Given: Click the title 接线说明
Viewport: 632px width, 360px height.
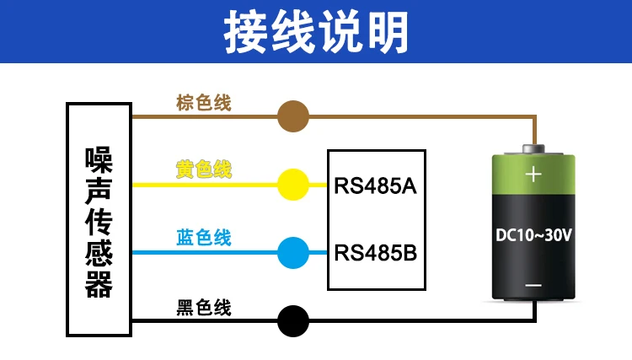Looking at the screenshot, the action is click(316, 32).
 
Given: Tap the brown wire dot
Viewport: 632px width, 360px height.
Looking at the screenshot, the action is click(293, 116).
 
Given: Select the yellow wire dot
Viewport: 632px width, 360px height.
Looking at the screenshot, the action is click(293, 185).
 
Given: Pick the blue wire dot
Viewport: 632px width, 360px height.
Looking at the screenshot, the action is click(293, 253).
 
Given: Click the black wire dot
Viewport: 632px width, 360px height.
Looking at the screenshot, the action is click(293, 321).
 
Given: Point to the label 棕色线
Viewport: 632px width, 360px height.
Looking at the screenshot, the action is click(204, 103).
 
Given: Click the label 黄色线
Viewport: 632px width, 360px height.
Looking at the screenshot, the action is click(204, 169).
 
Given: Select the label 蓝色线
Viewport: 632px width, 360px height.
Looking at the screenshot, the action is click(204, 238).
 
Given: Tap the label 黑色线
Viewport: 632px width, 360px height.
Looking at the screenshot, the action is click(204, 308).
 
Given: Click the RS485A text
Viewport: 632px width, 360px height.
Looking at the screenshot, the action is click(375, 186).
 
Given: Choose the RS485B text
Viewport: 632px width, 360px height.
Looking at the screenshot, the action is click(375, 253).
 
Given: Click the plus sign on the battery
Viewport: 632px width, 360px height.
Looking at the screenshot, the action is click(533, 175).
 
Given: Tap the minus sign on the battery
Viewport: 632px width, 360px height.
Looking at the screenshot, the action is click(533, 286).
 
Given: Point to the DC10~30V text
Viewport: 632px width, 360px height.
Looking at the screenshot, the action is click(533, 235).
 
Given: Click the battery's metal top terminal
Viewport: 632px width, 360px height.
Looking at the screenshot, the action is click(533, 148).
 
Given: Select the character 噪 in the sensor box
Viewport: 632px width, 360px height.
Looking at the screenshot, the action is click(99, 159).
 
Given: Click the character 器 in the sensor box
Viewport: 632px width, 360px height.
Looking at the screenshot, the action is click(99, 285).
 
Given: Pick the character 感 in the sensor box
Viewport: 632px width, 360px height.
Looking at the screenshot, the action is click(99, 254).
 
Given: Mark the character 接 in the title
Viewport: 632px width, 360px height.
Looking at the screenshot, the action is click(245, 32).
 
